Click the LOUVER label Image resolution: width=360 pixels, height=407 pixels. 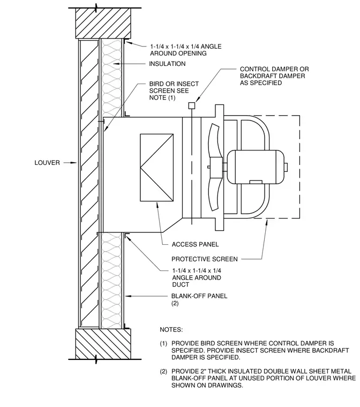click(47, 163)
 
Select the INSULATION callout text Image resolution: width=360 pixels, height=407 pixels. click(167, 64)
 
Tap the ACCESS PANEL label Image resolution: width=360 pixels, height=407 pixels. click(195, 244)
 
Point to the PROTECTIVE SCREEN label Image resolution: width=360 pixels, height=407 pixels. click(205, 259)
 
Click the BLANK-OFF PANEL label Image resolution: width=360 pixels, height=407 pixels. click(199, 296)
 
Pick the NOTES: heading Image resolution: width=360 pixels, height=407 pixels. click(171, 330)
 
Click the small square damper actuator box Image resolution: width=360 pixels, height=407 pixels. click(192, 105)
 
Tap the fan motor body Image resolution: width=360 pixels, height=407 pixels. click(256, 167)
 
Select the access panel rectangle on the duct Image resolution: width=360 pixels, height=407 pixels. click(156, 168)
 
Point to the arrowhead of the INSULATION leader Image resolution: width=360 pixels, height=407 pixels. click(116, 64)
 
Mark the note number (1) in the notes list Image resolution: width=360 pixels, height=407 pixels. click(163, 344)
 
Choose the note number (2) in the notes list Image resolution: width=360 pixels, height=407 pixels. click(163, 372)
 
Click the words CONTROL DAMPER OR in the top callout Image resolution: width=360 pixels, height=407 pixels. click(274, 69)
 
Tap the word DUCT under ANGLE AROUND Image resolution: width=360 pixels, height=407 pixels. click(181, 284)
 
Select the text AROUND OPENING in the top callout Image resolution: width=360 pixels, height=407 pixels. click(178, 54)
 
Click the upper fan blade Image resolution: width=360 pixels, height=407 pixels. click(215, 141)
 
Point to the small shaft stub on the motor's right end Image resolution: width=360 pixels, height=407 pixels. click(286, 167)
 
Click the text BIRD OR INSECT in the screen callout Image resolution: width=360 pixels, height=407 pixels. click(174, 84)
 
